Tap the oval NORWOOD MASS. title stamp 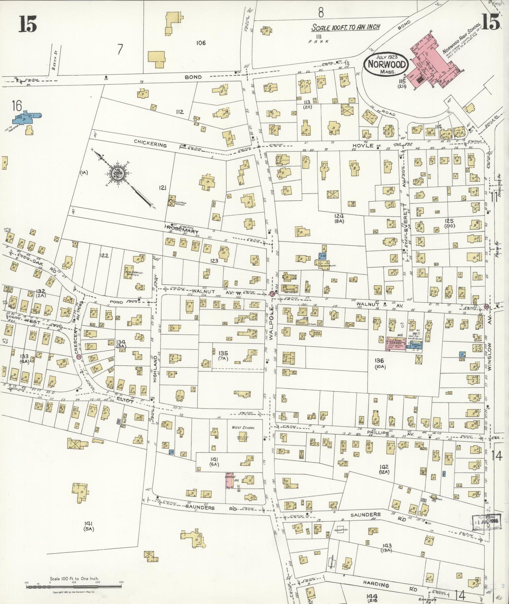386,64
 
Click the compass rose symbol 116,174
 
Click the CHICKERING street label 150,143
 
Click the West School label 243,428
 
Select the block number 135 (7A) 223,356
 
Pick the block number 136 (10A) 380,363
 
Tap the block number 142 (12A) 384,469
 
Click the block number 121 162,188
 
